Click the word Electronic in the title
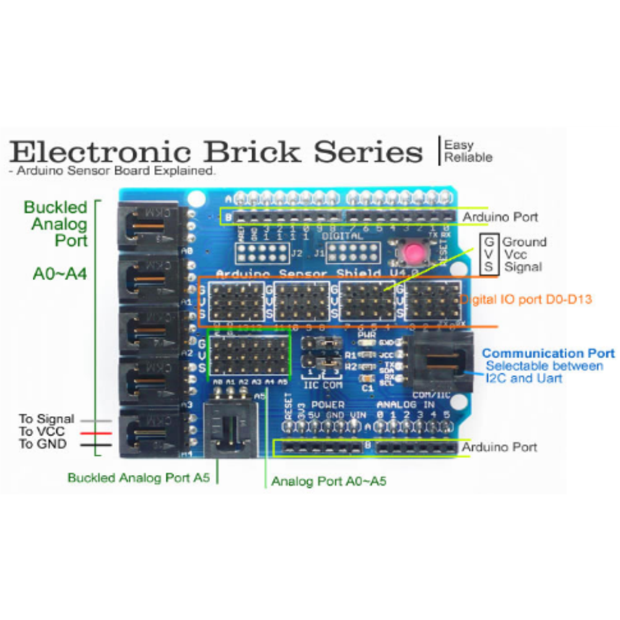[102, 152]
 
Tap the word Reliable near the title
[468, 157]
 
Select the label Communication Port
[549, 354]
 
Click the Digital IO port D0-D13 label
[526, 300]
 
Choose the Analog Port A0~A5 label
[329, 481]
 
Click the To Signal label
[46, 419]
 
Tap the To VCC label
[42, 432]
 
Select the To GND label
[43, 444]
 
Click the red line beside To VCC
[97, 433]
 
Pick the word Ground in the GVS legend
[524, 242]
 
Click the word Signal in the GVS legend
[523, 268]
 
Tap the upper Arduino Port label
[500, 217]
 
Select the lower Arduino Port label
[500, 447]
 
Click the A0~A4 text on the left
[59, 274]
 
